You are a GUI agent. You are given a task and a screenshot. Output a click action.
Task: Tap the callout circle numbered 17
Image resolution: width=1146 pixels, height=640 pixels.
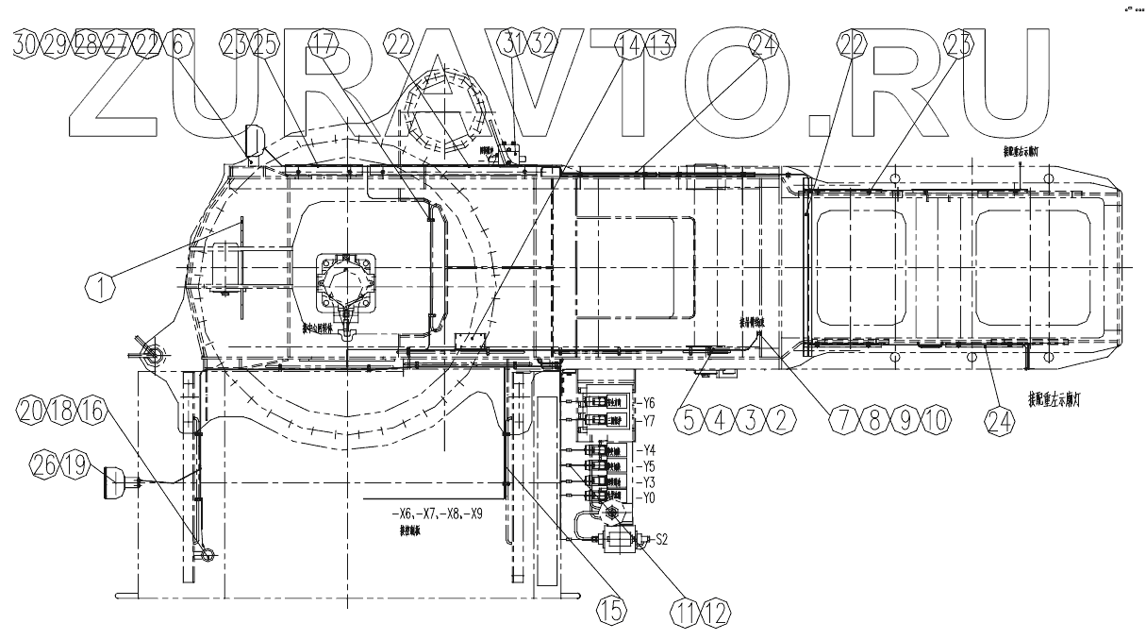click(x=323, y=43)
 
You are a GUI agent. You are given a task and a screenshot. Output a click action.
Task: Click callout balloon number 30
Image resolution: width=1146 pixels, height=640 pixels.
click(x=28, y=43)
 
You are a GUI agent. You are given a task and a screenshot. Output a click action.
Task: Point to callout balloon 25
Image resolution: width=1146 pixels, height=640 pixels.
click(x=265, y=43)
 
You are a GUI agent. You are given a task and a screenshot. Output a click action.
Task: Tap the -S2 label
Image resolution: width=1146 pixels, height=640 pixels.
click(x=662, y=540)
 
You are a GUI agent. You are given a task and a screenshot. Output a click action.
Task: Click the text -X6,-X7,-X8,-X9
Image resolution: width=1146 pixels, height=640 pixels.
click(x=433, y=515)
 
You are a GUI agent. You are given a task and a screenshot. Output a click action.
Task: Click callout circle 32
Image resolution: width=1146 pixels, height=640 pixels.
click(x=544, y=43)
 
